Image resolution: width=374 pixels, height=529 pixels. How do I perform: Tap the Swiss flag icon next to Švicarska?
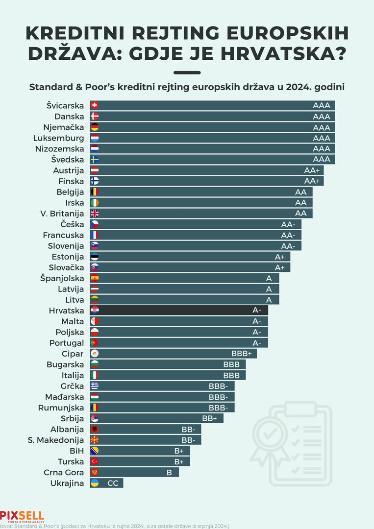(95, 105)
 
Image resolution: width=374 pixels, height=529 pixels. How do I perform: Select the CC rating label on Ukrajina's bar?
(113, 483)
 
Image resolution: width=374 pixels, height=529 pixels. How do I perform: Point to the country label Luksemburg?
(59, 138)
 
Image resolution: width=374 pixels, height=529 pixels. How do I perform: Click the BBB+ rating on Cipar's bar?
(241, 354)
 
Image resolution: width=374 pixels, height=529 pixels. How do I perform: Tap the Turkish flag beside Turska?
(95, 461)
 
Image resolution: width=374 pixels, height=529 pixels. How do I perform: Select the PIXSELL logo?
(22, 516)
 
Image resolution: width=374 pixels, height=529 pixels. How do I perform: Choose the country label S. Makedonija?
(56, 440)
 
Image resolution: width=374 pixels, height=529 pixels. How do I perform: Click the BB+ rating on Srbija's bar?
(209, 418)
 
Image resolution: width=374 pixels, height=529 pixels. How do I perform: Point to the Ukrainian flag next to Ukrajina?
(95, 483)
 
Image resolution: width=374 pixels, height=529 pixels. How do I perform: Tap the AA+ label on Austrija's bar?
(312, 170)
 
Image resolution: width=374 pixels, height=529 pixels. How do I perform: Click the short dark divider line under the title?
(187, 72)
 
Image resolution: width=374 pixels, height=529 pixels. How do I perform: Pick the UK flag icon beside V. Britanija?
(95, 213)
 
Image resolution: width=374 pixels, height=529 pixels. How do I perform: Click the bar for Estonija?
(191, 257)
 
